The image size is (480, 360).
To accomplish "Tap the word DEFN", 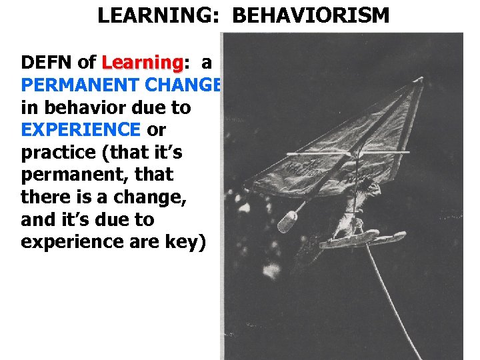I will coord(47,63).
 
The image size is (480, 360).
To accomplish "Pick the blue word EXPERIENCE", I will coord(81,130).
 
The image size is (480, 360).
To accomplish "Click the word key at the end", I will coord(188,241).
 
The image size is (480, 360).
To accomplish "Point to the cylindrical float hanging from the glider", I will coord(288,222).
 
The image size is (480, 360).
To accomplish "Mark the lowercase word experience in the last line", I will coord(79,241).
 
